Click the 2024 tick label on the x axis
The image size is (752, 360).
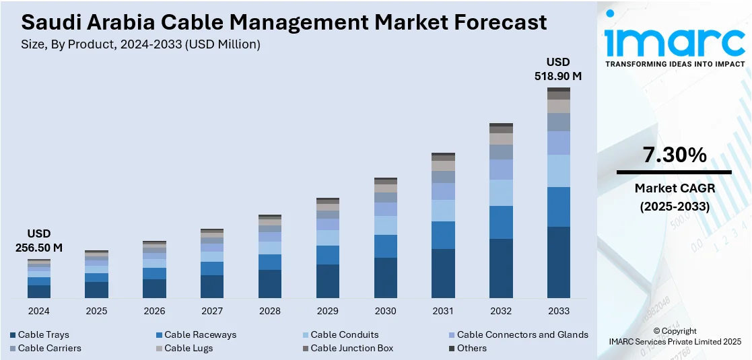pyautogui.click(x=39, y=311)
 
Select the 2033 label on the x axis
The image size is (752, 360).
pyautogui.click(x=559, y=311)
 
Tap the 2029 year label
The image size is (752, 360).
pyautogui.click(x=328, y=311)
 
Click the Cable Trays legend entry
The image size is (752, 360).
pyautogui.click(x=43, y=334)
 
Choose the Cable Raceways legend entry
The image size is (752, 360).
pyautogui.click(x=200, y=334)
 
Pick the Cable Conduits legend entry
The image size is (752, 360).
pyautogui.click(x=344, y=334)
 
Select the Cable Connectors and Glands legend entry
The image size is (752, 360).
pyautogui.click(x=522, y=334)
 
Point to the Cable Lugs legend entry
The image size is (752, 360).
pyautogui.click(x=188, y=348)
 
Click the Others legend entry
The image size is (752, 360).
pyautogui.click(x=472, y=348)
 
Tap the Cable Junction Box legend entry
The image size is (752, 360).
pyautogui.click(x=351, y=348)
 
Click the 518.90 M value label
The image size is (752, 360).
pyautogui.click(x=558, y=76)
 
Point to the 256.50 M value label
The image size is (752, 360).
pyautogui.click(x=39, y=248)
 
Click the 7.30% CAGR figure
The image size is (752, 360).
pyautogui.click(x=675, y=155)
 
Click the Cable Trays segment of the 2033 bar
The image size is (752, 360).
pyautogui.click(x=559, y=262)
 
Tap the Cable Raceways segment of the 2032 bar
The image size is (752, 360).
pyautogui.click(x=501, y=222)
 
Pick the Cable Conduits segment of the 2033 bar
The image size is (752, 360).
pyautogui.click(x=559, y=171)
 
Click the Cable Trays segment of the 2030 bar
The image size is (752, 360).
pyautogui.click(x=386, y=278)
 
